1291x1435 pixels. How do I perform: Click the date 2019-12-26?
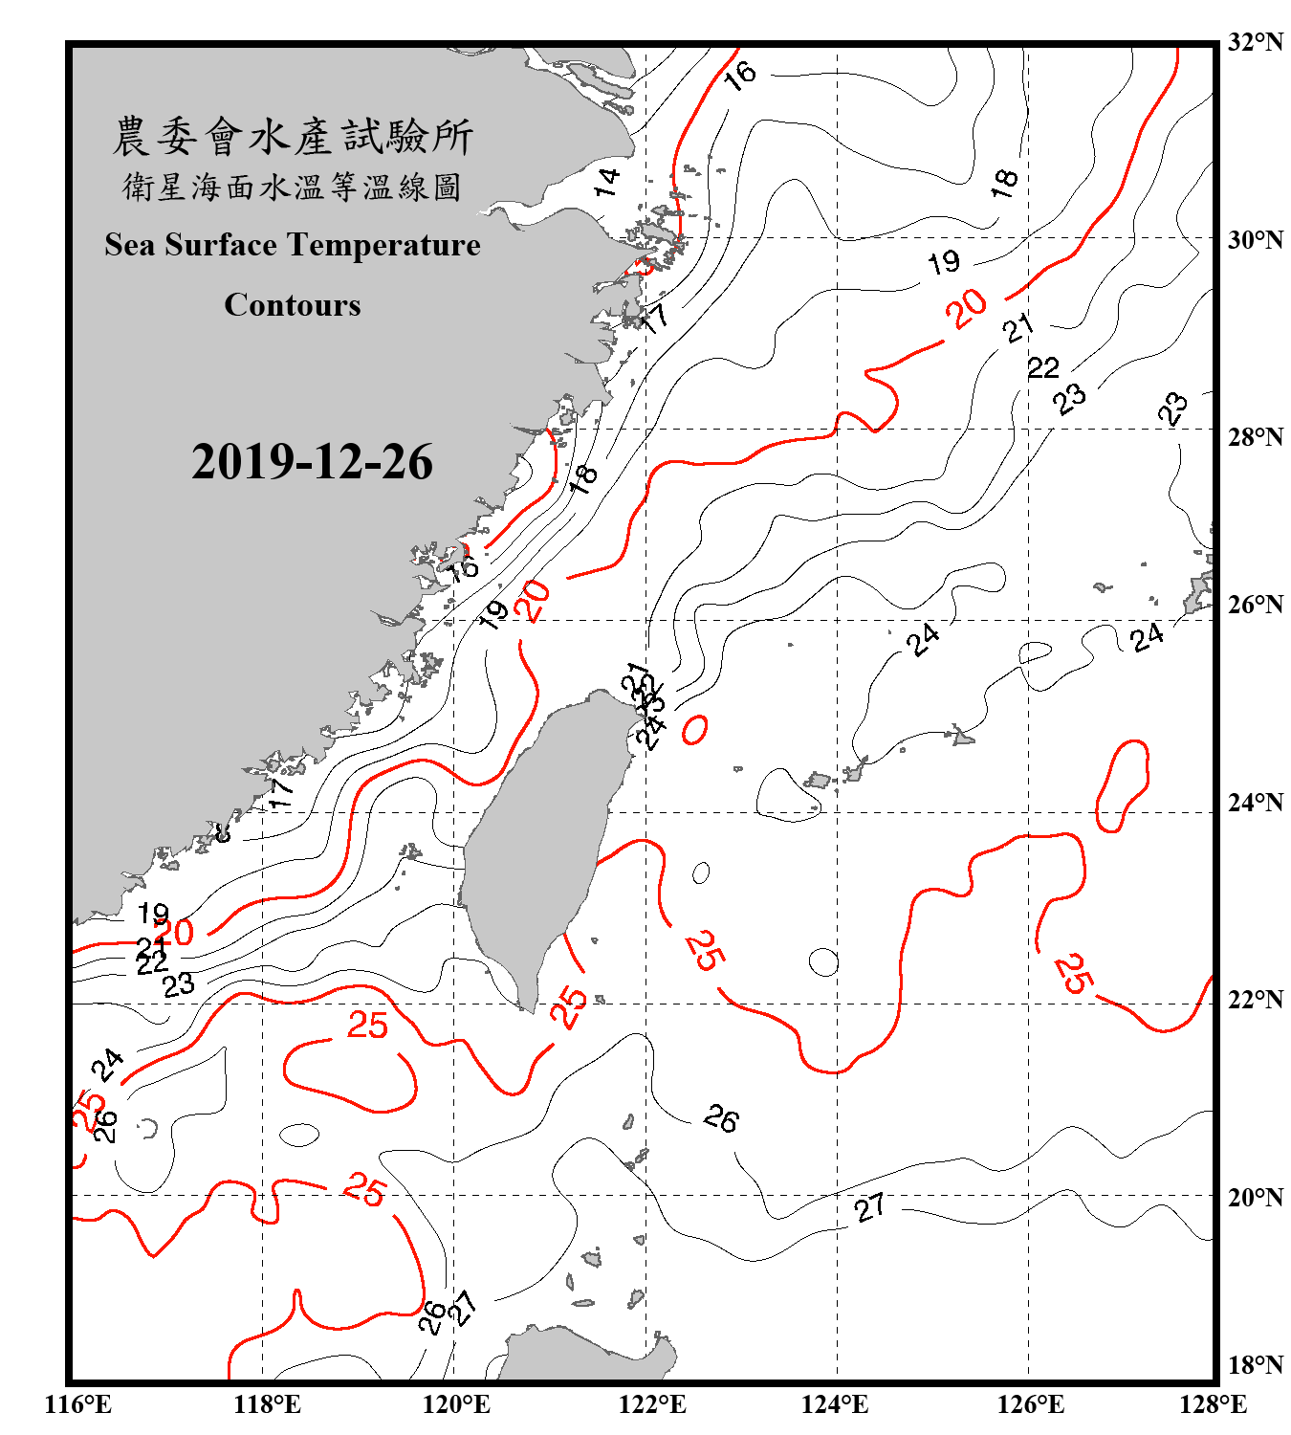coord(312,462)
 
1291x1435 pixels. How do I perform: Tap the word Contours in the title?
coord(293,305)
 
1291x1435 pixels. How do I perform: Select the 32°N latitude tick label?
coord(1256,42)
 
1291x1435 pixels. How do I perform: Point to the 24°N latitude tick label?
coord(1256,803)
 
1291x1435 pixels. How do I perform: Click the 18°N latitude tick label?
coord(1256,1365)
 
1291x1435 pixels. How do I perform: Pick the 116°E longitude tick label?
coord(78,1404)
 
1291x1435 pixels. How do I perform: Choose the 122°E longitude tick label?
coord(652,1404)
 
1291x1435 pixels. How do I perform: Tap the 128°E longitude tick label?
coord(1213,1404)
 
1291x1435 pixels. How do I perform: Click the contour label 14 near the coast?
coord(607,181)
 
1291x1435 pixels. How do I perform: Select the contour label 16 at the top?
coord(739,75)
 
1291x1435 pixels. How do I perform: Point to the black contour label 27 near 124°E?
coord(869,1207)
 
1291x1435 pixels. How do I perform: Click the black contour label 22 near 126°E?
coord(1043,367)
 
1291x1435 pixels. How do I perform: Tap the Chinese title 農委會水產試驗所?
coord(293,137)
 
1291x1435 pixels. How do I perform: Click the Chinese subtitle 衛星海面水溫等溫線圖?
coord(293,187)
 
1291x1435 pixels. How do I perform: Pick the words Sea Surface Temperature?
coord(293,245)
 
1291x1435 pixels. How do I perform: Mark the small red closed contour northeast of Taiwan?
coord(695,730)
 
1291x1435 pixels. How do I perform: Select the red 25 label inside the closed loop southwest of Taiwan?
coord(367,1026)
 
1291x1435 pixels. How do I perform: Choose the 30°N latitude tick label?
coord(1256,240)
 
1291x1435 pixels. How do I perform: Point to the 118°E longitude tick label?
coord(268,1404)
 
